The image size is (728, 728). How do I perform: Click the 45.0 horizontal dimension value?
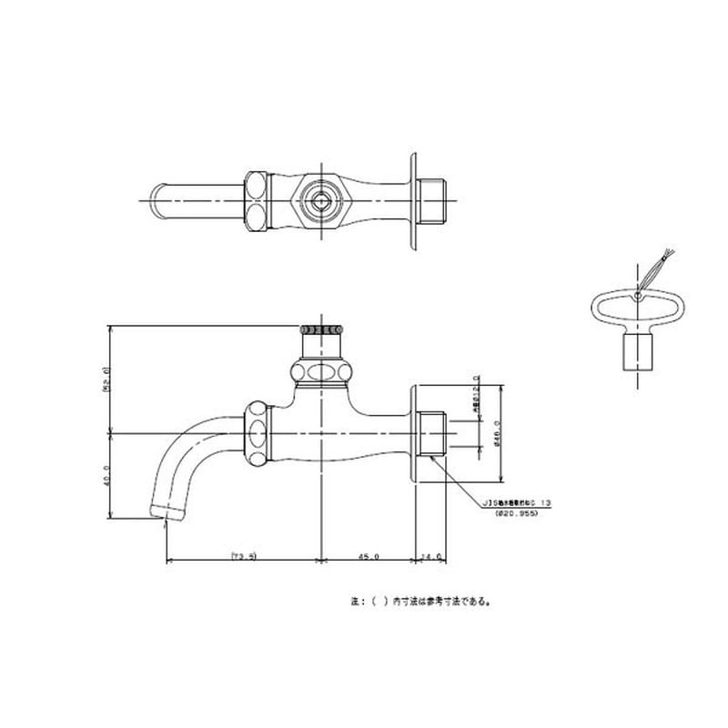point(369,554)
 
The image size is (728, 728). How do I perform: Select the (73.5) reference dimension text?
point(244,554)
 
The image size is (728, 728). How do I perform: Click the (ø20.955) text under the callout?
point(516,514)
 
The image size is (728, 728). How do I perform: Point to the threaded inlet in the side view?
point(430,433)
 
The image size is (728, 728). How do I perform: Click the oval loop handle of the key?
point(634,305)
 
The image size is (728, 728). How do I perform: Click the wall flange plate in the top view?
point(414,199)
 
